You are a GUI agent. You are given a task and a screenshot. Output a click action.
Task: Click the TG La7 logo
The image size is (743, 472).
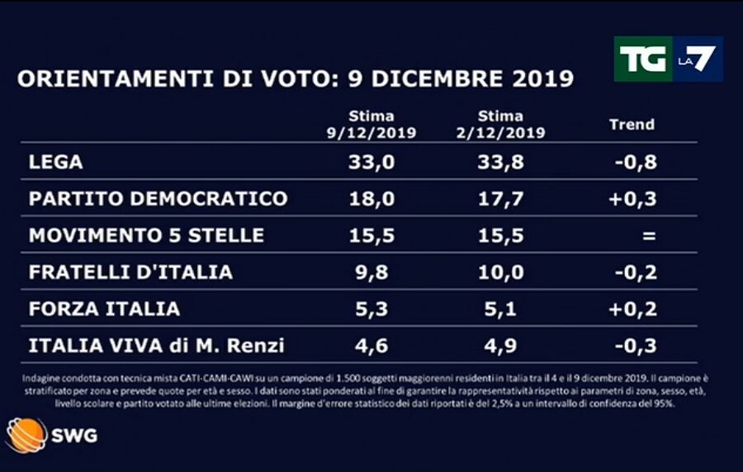(x=668, y=59)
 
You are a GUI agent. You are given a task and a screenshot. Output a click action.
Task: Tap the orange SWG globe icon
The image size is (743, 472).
(x=26, y=435)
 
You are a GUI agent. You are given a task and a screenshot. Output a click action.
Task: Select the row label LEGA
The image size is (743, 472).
(x=56, y=163)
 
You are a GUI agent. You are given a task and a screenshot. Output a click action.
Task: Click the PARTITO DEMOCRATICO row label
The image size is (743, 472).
(x=158, y=199)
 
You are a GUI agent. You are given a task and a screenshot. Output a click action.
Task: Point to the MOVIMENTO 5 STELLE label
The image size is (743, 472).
(x=146, y=235)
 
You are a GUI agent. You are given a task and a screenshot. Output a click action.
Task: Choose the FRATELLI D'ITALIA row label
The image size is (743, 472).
(x=130, y=271)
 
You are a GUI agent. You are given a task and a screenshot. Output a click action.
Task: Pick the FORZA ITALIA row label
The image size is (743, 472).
(x=104, y=309)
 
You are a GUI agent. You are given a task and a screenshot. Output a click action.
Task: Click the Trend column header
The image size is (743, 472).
(x=632, y=125)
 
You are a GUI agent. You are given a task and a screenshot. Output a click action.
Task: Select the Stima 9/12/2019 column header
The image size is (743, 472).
(x=371, y=125)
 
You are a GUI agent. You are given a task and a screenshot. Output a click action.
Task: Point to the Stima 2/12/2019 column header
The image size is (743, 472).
(x=499, y=125)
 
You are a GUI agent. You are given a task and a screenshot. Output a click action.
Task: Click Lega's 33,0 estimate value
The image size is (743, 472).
(x=371, y=163)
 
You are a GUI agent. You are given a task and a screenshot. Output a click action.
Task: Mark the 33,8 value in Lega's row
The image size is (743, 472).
(x=499, y=163)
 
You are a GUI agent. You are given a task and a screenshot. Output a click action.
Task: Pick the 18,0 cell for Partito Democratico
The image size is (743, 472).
(x=371, y=199)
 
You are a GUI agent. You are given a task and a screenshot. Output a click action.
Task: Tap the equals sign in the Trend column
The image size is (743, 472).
(x=648, y=236)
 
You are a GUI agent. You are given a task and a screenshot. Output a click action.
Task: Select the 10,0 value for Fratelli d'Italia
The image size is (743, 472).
(x=499, y=271)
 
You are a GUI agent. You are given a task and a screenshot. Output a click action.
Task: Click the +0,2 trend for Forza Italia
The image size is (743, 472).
(x=636, y=309)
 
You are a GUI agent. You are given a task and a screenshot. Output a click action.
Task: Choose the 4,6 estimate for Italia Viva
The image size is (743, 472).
(x=371, y=345)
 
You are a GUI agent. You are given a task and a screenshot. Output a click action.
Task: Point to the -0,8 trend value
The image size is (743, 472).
(x=636, y=163)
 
